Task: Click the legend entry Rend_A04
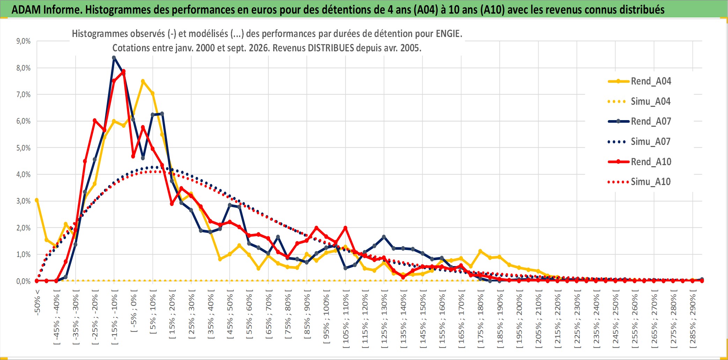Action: click(639, 81)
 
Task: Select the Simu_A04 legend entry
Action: click(639, 102)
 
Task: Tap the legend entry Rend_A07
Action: click(639, 122)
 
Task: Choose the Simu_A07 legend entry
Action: click(639, 142)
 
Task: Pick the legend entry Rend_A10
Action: click(639, 162)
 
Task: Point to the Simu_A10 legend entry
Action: click(639, 182)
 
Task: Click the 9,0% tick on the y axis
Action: click(23, 41)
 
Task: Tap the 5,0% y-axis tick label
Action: click(23, 148)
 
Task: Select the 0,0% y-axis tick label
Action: click(23, 281)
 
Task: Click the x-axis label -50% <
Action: click(37, 302)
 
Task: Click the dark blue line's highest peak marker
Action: click(114, 58)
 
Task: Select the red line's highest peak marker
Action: click(124, 72)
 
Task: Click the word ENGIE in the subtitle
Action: click(449, 34)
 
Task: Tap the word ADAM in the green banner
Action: click(26, 9)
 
